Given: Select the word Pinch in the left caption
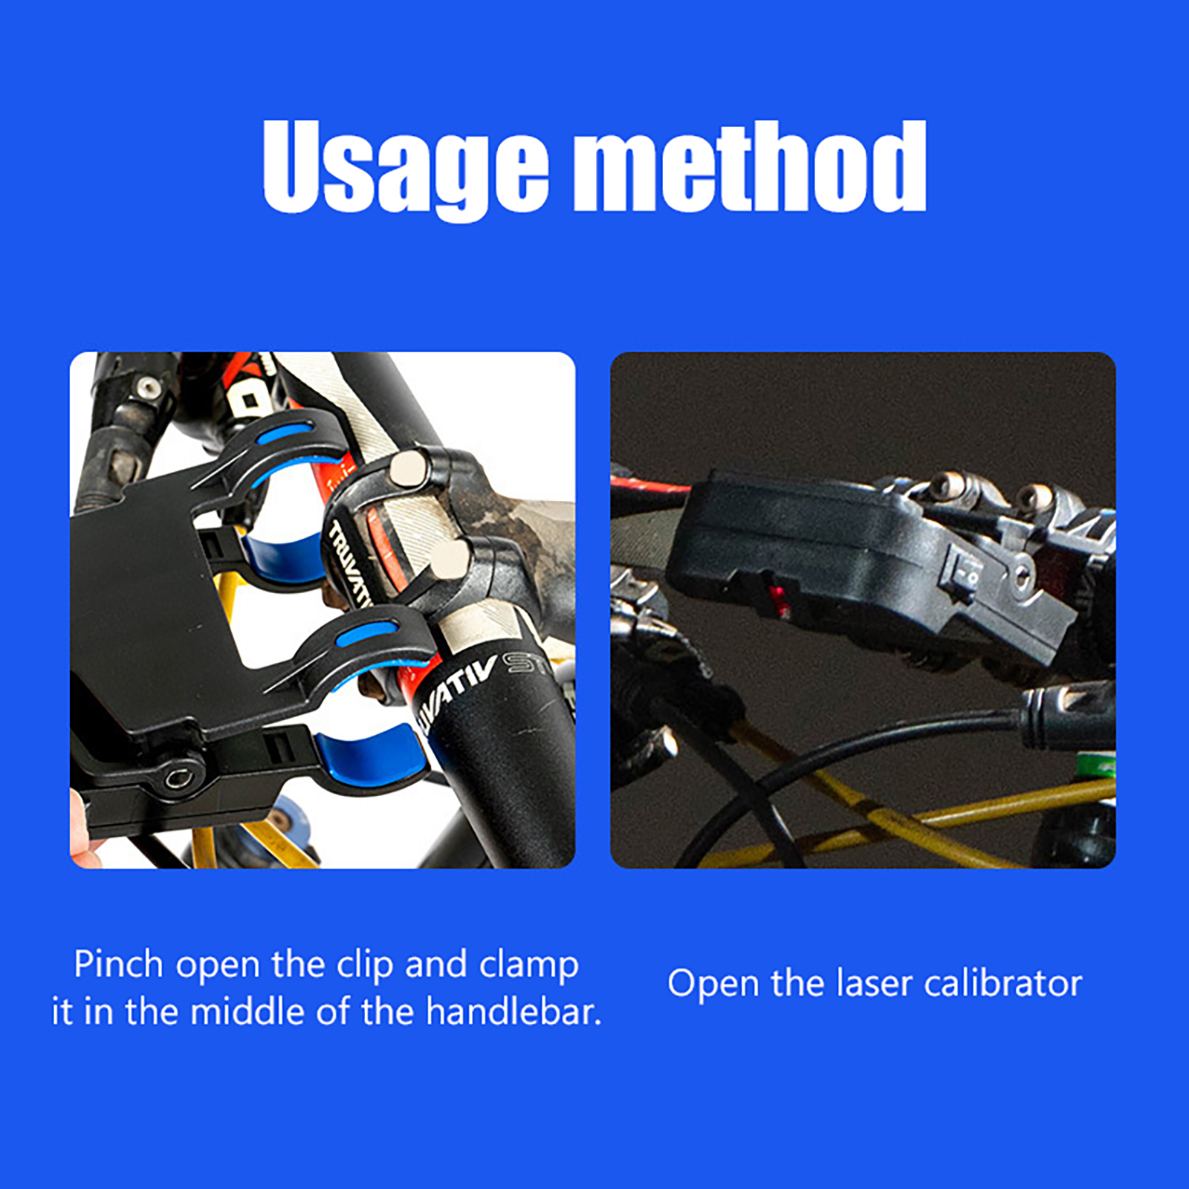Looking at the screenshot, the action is coord(118,965).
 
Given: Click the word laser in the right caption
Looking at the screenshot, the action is coord(873,983).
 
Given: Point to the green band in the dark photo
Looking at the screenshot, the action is coord(1098,765).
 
